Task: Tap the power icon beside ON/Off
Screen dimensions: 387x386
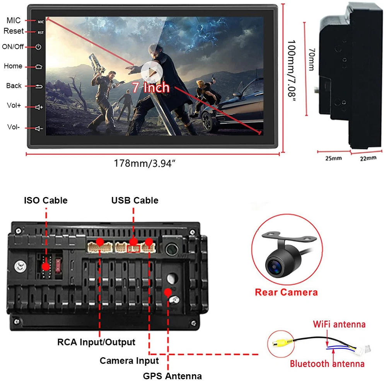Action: coord(38,47)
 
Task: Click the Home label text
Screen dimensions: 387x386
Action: coord(13,66)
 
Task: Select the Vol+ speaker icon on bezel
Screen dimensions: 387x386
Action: coord(39,107)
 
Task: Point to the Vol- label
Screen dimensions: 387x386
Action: coord(13,127)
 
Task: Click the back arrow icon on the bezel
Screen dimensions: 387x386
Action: coord(38,86)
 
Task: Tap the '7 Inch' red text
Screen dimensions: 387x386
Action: coord(151,87)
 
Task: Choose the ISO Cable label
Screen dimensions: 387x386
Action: coord(46,200)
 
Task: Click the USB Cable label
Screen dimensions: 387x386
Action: coord(135,200)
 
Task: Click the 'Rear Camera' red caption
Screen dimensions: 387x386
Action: coord(286,292)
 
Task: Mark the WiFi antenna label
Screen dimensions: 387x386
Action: coord(339,324)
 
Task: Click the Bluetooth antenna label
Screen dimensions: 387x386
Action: coord(327,363)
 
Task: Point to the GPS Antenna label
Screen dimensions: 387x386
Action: coord(172,376)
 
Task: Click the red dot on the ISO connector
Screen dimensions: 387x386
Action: coord(46,266)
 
